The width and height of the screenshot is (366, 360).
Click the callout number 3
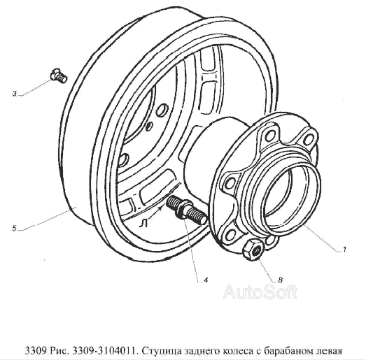tap(15, 94)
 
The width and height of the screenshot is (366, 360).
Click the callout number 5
tap(15, 229)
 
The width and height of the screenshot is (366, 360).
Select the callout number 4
tap(206, 280)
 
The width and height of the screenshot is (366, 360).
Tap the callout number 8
tap(281, 280)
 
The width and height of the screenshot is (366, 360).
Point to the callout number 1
tap(344, 250)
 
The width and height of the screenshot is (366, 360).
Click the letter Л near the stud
tap(143, 224)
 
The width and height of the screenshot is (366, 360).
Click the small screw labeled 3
tap(59, 76)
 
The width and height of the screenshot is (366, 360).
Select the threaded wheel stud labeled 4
tap(186, 210)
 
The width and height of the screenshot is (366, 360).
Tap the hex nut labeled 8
tap(253, 251)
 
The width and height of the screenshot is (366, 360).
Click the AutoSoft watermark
tap(260, 291)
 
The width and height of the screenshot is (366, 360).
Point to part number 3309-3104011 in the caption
tap(104, 350)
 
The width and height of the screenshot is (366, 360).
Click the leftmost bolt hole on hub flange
tap(231, 182)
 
